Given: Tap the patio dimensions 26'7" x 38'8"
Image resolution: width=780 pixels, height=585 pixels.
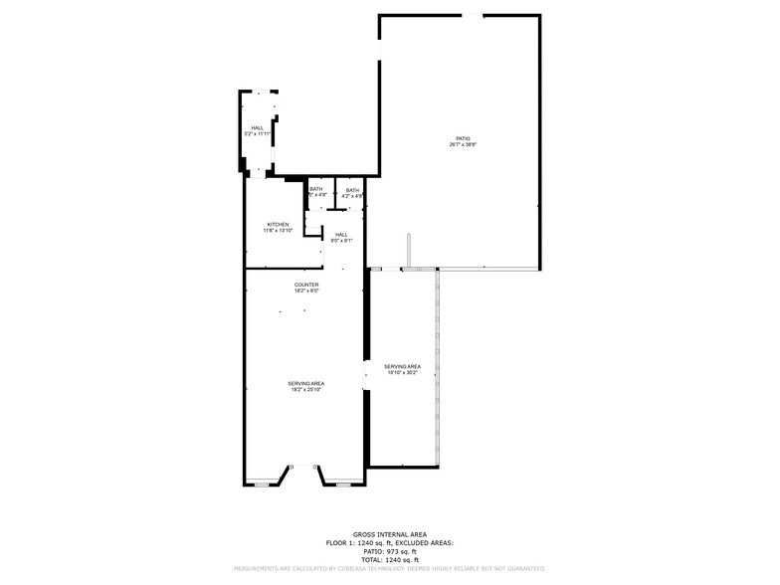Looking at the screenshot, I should click(463, 145).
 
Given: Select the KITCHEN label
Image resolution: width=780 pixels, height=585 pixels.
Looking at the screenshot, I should click(278, 225).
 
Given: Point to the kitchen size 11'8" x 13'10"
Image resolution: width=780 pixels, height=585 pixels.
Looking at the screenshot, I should click(278, 231).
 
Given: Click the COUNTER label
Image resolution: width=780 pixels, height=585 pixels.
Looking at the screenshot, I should click(306, 285).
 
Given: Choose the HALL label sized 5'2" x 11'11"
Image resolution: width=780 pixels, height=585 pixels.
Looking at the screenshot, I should click(258, 127).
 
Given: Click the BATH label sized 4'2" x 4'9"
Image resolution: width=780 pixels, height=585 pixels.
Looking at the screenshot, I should click(352, 190).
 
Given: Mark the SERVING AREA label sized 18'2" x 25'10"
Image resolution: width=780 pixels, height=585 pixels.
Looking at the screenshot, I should click(306, 383).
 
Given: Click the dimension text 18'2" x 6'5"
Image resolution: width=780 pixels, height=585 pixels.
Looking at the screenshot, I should click(306, 292).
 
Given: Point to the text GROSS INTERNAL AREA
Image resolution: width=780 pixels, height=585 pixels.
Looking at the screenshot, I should click(389, 534).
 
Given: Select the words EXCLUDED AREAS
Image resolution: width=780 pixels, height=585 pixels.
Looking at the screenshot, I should click(425, 542).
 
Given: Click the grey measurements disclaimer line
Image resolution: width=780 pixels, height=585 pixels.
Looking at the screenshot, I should click(389, 568).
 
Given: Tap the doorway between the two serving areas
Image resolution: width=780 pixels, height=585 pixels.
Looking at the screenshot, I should click(366, 374).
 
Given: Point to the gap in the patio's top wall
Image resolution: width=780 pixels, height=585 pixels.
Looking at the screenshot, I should click(473, 15).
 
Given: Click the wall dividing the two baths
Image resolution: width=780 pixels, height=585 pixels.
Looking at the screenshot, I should click(334, 194).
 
